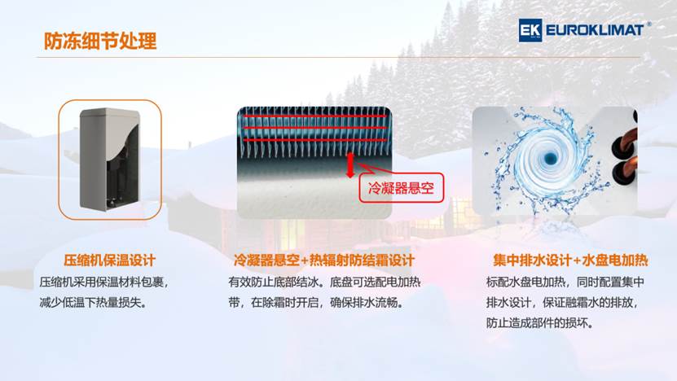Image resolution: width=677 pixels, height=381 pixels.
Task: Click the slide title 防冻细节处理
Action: [100, 41]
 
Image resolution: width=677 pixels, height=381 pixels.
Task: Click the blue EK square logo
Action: [530, 30]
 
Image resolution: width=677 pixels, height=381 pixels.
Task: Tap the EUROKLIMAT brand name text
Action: [595, 30]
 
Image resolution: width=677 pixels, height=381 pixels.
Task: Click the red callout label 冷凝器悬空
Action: [401, 188]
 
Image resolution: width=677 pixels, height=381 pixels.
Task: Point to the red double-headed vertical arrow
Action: [350, 165]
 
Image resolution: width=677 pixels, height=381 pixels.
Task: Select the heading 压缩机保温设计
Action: [109, 261]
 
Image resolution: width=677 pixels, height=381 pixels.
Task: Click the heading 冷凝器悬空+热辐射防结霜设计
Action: [323, 261]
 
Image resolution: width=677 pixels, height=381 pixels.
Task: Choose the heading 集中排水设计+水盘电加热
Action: [570, 261]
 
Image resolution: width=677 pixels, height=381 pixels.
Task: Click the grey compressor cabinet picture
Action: [110, 160]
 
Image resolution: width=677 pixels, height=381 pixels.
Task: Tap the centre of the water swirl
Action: [550, 159]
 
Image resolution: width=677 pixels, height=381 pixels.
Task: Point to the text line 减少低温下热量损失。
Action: [93, 303]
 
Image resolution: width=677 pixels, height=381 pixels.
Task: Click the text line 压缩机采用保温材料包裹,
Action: [103, 282]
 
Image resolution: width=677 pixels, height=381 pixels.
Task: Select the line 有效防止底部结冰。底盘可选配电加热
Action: [324, 282]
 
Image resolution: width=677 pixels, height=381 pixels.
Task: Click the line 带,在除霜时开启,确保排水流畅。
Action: [316, 303]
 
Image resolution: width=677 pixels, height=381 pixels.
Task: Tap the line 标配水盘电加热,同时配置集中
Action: [565, 282]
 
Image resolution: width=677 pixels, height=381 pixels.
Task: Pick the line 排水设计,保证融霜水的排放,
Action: [561, 303]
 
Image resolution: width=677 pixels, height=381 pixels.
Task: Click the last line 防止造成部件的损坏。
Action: [539, 322]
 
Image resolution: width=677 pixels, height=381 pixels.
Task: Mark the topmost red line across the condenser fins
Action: [314, 116]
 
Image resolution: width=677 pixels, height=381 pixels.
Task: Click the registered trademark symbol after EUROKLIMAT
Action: [649, 24]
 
